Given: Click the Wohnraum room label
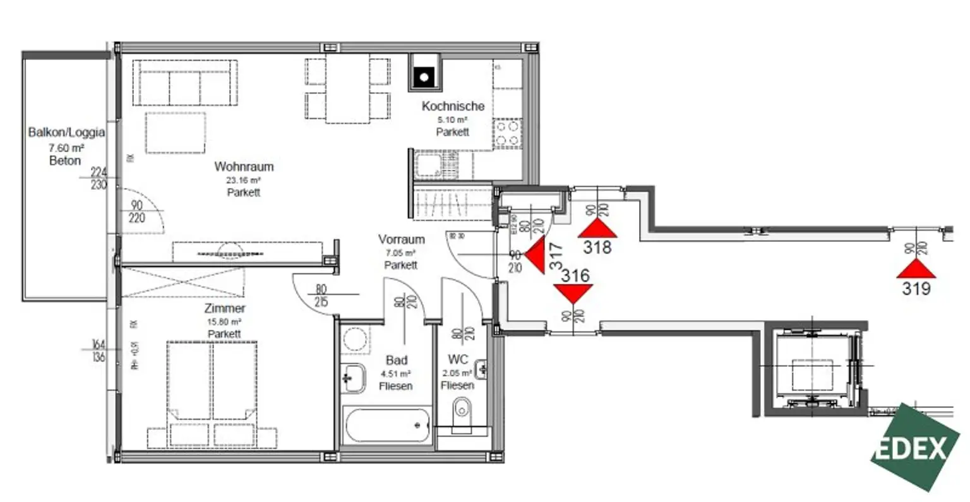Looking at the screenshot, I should tap(244, 167).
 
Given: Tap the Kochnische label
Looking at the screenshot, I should tap(453, 106).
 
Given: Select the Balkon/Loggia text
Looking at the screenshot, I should tap(66, 133).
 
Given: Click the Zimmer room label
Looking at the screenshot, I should tap(225, 309).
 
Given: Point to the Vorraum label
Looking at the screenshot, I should tap(401, 239).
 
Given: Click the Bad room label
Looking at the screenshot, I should tap(397, 360).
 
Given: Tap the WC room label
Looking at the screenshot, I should tap(458, 359).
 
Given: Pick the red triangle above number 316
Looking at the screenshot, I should tap(573, 293).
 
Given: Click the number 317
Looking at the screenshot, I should tap(556, 257).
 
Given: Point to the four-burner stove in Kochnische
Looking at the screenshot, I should tap(507, 133).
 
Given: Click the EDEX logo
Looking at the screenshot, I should tap(918, 447).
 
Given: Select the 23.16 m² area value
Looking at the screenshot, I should tap(244, 181).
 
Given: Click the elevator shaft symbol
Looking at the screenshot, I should tap(813, 368).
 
